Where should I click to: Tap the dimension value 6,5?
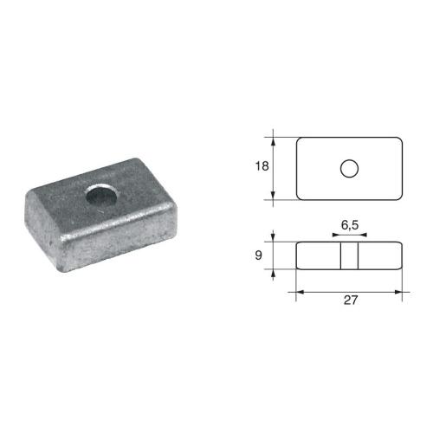(x=350, y=224)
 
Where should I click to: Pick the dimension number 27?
(x=350, y=301)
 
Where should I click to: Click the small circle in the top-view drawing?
(x=349, y=167)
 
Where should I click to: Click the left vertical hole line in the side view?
(x=339, y=255)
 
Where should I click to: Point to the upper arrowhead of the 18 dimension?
(x=275, y=140)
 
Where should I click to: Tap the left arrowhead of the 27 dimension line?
(x=301, y=292)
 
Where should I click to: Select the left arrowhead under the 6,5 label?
(x=336, y=235)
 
